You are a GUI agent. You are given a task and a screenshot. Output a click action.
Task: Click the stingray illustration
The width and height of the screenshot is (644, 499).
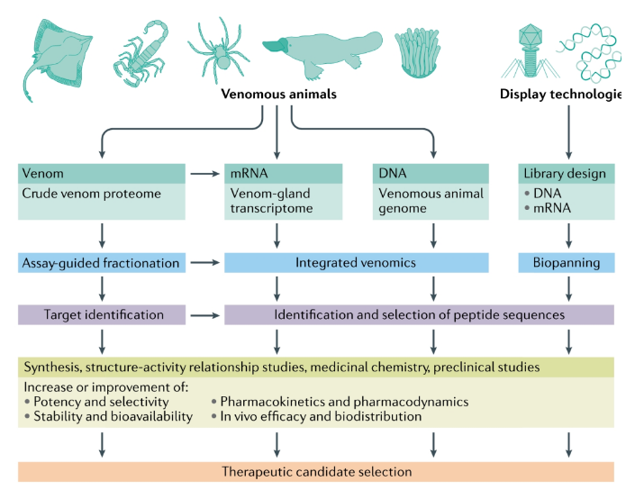[x=58, y=54]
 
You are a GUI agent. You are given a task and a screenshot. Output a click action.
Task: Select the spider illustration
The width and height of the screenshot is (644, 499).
[x=219, y=50]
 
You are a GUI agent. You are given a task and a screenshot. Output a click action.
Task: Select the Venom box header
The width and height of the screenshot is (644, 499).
[x=101, y=173]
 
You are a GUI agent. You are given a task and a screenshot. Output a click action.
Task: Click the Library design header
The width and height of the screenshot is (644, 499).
[x=567, y=173]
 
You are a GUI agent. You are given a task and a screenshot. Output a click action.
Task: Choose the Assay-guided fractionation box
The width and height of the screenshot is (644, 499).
[x=101, y=263]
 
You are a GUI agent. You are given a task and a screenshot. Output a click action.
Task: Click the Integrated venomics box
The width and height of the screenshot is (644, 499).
[x=356, y=263]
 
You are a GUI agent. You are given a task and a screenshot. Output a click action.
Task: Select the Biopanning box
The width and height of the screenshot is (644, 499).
[x=567, y=263]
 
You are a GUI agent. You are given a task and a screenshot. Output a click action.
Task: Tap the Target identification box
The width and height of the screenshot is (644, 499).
[x=101, y=314]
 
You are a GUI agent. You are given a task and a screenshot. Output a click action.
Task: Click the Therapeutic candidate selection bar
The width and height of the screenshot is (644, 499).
[x=316, y=471]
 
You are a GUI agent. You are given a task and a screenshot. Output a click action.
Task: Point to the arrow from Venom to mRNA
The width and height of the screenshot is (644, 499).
[x=203, y=173]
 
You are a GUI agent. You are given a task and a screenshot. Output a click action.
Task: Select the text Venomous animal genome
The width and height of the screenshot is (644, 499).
[x=431, y=202]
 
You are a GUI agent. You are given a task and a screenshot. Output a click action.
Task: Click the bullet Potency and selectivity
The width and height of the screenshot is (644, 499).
[x=99, y=401]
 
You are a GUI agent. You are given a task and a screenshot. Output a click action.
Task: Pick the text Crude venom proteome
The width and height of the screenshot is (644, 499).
[x=85, y=194]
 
